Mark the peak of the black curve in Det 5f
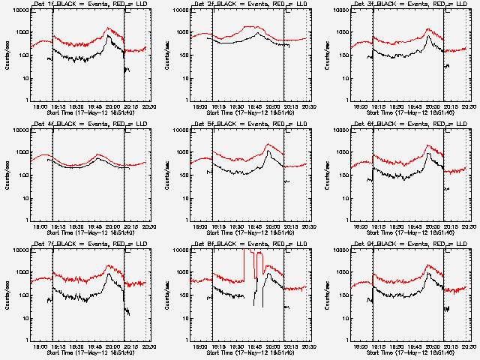coord(268,151)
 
